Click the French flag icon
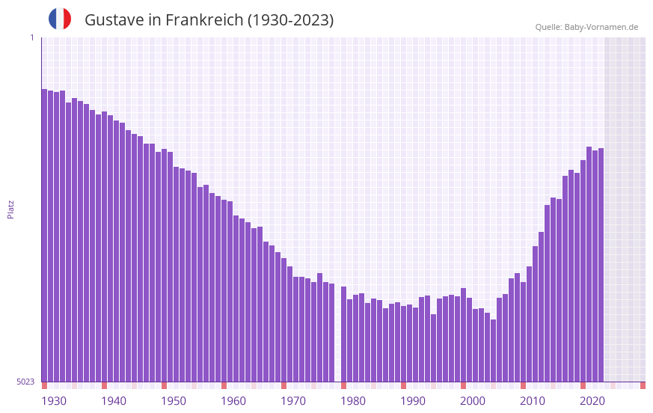60,19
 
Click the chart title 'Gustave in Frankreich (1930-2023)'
209,20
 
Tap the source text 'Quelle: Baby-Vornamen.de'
586,27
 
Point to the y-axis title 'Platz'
10,209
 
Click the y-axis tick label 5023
25,382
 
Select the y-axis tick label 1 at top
31,37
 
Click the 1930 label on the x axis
54,401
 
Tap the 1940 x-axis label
114,401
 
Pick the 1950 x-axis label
174,401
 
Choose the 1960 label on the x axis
233,401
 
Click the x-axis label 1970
293,401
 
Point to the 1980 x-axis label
353,401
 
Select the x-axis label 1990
413,401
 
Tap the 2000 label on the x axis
473,401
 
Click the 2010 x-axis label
533,401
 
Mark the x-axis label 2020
592,401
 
